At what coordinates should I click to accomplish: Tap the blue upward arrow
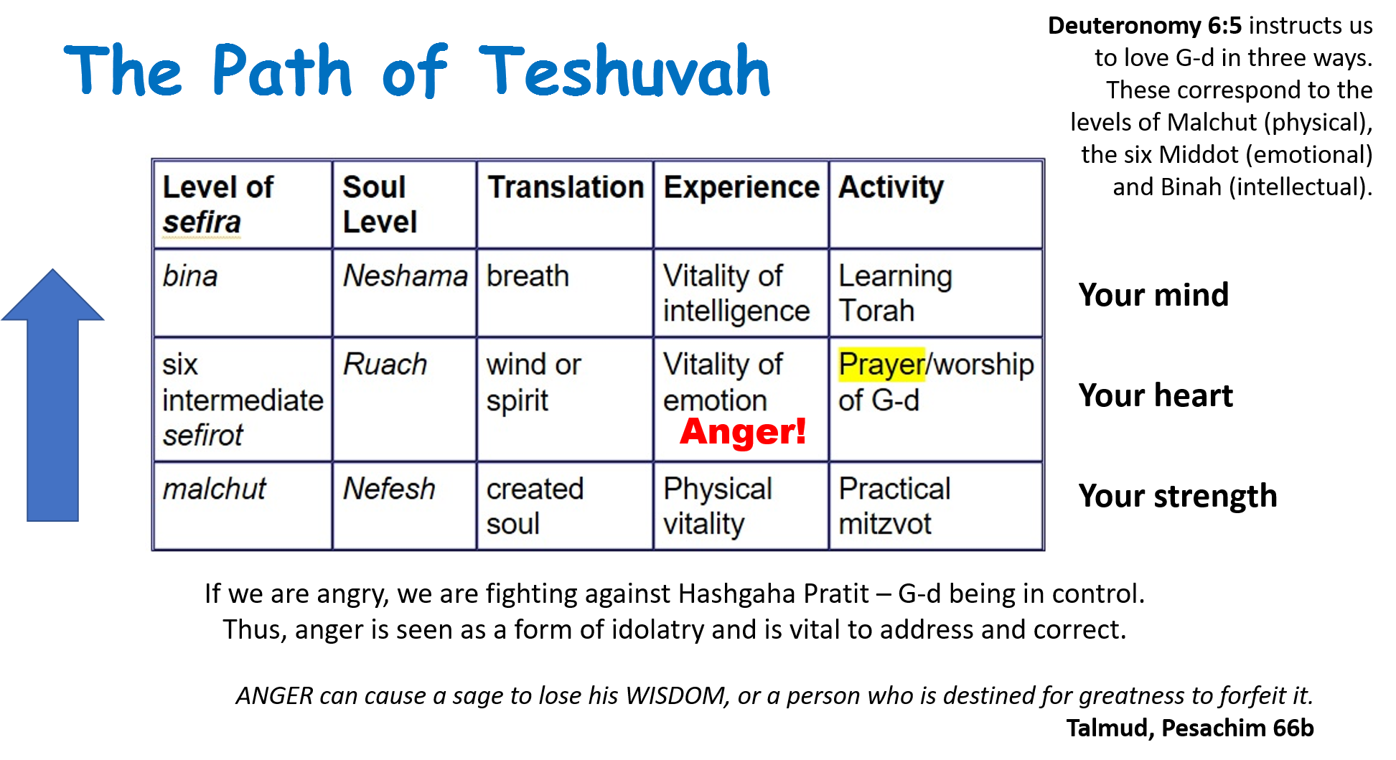(x=52, y=395)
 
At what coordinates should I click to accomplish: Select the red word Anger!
(x=743, y=431)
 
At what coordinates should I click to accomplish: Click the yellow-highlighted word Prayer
(x=882, y=365)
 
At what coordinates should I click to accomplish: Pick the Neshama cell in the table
(x=404, y=293)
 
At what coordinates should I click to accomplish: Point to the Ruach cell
(x=404, y=399)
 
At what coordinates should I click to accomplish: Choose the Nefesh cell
(x=404, y=506)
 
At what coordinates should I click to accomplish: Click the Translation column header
(x=565, y=205)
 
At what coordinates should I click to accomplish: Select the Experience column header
(x=741, y=205)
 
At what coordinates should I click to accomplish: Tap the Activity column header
(x=936, y=205)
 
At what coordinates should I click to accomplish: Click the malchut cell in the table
(x=243, y=506)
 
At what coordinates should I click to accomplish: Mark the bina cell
(x=243, y=293)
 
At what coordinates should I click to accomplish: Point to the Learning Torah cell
(x=936, y=293)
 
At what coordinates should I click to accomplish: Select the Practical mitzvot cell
(x=936, y=506)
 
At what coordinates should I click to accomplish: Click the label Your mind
(x=1153, y=295)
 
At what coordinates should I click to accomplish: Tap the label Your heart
(x=1156, y=395)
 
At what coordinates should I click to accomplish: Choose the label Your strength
(x=1178, y=497)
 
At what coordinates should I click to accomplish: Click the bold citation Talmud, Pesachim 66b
(x=1190, y=728)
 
